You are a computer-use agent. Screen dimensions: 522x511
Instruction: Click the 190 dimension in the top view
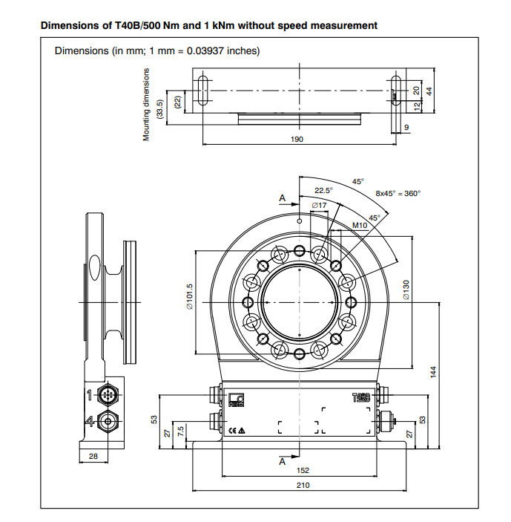pos(297,139)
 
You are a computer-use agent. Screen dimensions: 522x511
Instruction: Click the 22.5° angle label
pos(323,190)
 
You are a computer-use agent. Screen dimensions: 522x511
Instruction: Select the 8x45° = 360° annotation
pos(398,193)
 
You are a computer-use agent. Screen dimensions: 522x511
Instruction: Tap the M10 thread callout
pos(360,225)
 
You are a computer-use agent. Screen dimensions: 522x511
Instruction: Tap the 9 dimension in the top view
pos(407,128)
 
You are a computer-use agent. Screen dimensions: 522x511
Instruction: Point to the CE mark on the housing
pos(232,431)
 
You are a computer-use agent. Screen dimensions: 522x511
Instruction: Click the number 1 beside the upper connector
pos(89,394)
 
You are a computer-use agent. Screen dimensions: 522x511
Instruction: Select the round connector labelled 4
pos(110,421)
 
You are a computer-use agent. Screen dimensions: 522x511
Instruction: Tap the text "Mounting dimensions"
pos(147,104)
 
